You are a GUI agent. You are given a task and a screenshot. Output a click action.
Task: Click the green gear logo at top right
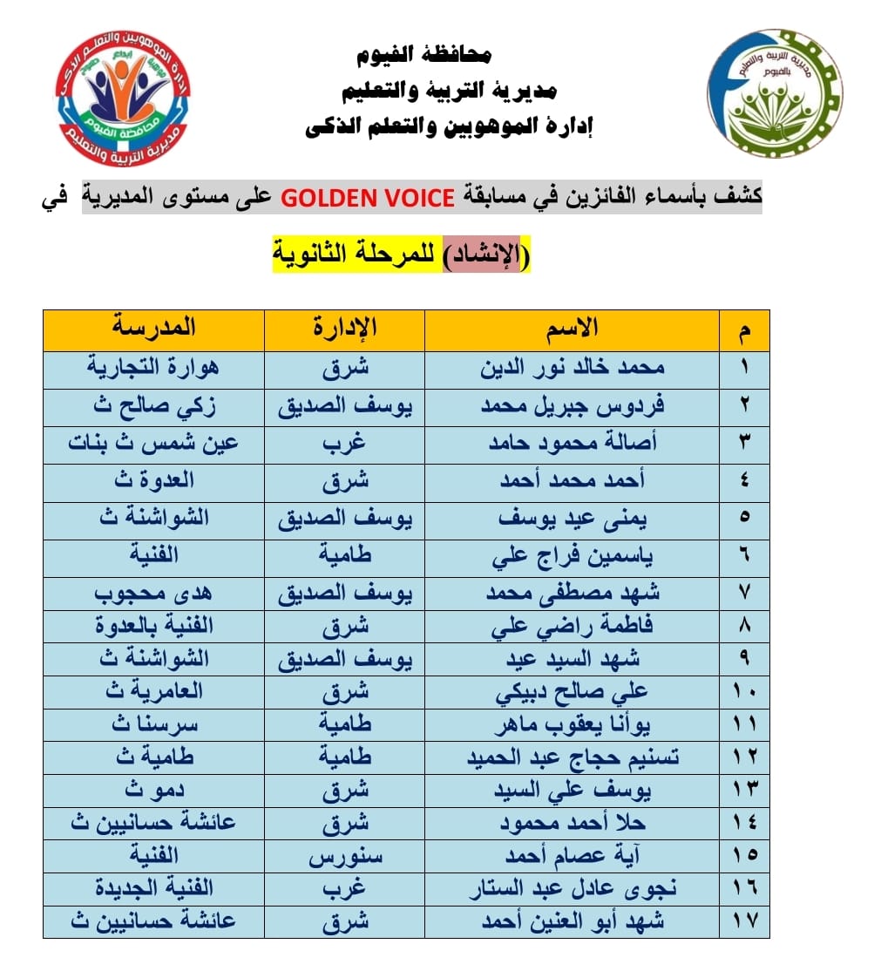coord(774,93)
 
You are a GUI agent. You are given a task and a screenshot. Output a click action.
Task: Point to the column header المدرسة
coord(153,329)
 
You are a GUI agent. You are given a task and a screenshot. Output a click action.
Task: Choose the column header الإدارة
coord(344,329)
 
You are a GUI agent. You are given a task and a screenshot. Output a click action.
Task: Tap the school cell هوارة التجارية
coord(153,367)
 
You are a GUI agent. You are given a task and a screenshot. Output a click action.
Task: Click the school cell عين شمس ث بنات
coord(153,442)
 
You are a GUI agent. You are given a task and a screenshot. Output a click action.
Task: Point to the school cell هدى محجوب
coord(153,593)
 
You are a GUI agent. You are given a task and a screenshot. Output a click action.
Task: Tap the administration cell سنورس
coord(344,855)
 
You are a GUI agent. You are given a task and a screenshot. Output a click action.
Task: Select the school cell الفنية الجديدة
coord(153,888)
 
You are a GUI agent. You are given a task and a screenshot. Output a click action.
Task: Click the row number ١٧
coord(745,921)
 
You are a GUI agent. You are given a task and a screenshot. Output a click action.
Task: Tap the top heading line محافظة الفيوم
coord(424,55)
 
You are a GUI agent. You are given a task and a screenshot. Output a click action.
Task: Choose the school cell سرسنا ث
coord(153,725)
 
